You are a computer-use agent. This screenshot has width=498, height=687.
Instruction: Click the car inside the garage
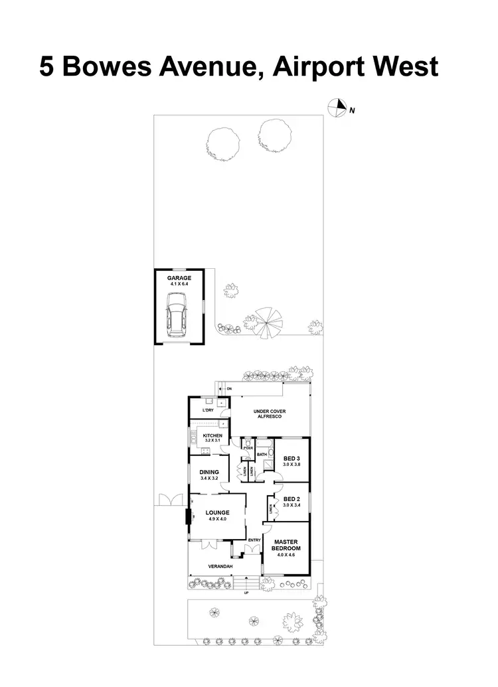pos(179,316)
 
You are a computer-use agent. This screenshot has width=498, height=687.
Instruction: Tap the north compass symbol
pos(339,107)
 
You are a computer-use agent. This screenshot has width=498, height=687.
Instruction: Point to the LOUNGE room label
pos(217,513)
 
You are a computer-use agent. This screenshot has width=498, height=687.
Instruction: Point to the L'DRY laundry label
pos(207,411)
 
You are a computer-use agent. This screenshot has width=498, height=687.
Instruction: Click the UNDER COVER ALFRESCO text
pos(270,414)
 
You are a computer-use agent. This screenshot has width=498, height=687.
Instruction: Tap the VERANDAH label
pos(219,566)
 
